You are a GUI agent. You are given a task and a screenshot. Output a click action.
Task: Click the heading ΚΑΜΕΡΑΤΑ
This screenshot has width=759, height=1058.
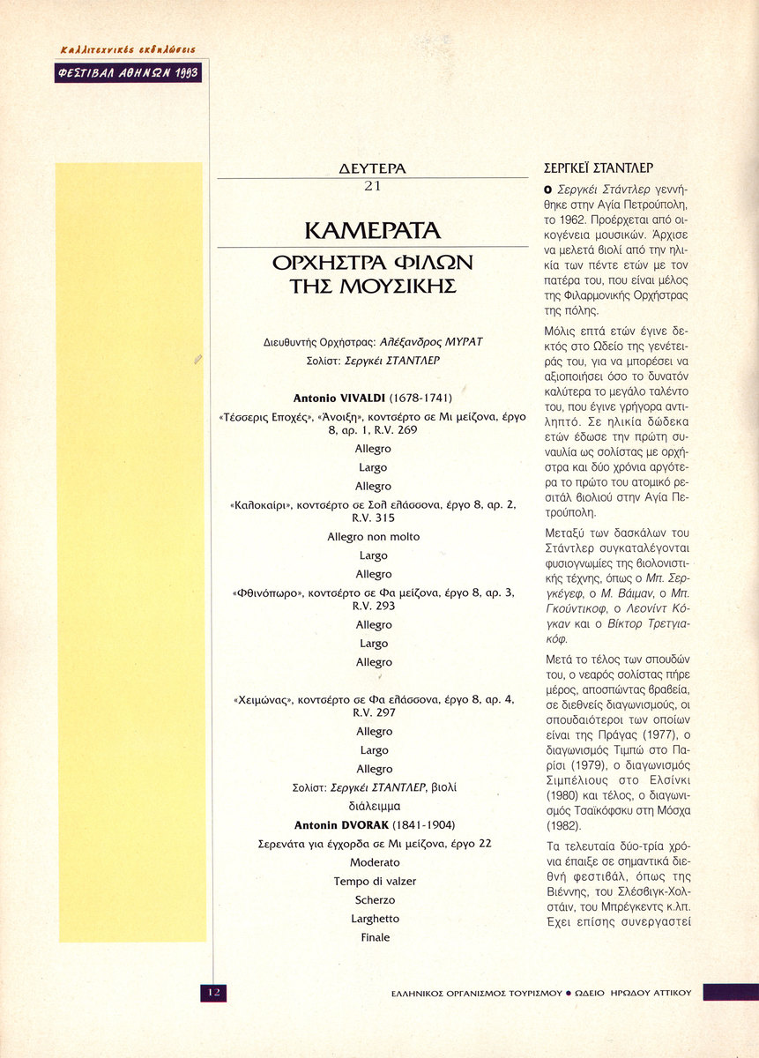(371, 231)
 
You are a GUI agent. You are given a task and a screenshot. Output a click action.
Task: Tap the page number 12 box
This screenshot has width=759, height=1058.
(213, 992)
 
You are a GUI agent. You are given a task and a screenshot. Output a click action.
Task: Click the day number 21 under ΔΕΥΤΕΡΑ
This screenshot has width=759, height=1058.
(372, 186)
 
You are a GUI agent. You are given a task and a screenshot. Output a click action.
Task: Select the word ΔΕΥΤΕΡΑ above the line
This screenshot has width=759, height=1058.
(372, 168)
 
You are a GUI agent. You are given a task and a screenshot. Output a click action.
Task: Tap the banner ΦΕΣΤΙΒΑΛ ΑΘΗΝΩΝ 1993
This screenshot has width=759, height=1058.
(129, 74)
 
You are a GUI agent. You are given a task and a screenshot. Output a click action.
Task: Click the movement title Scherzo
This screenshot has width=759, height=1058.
(374, 900)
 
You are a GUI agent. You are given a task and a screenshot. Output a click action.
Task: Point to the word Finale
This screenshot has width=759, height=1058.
(375, 937)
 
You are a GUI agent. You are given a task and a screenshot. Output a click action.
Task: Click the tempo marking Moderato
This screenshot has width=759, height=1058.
(374, 861)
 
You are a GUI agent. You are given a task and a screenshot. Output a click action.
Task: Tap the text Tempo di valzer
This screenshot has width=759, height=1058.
(374, 881)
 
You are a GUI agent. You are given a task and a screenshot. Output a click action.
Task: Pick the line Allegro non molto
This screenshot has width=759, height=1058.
(373, 536)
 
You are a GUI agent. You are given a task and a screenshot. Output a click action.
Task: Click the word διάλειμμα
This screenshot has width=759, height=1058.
(374, 806)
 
